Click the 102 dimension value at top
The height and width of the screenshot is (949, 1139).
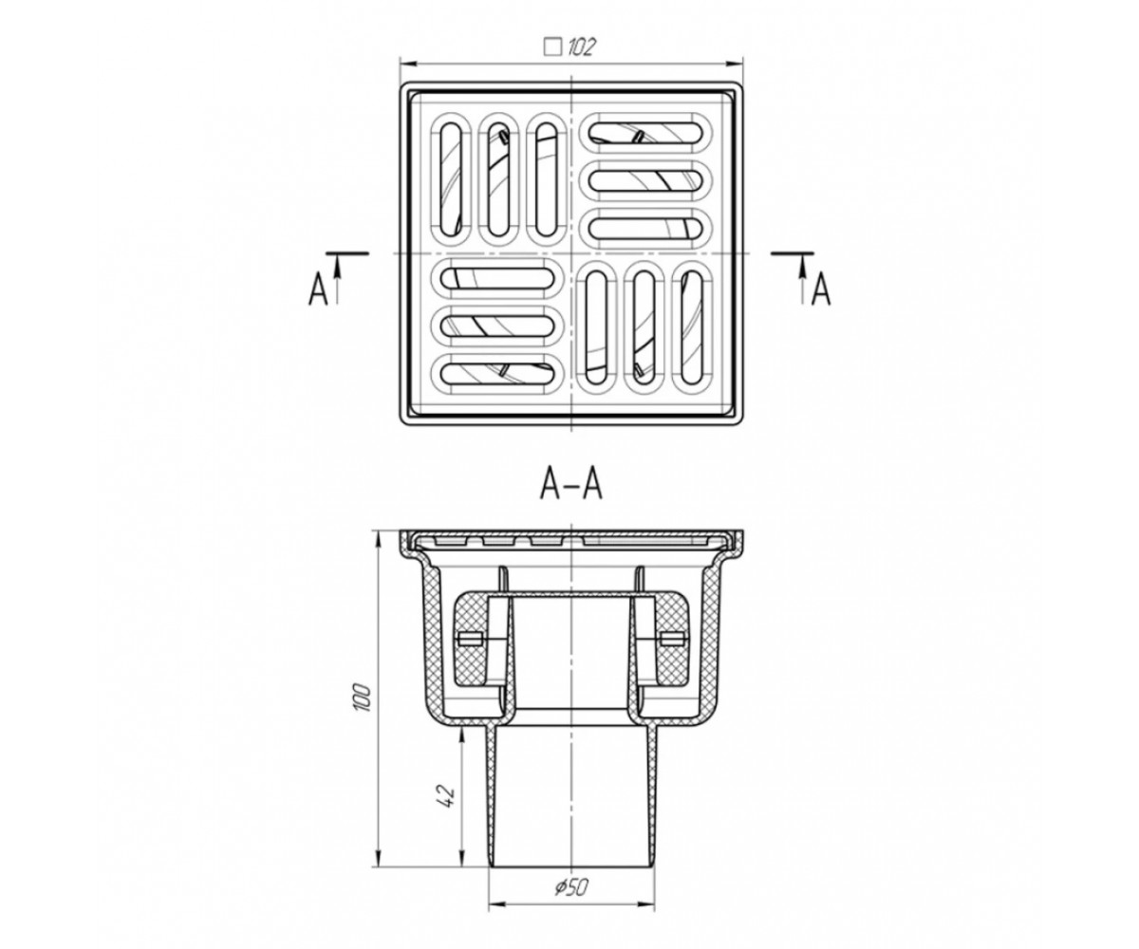pos(580,47)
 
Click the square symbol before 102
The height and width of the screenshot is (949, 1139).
pos(553,47)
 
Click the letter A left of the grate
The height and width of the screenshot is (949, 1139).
pos(319,289)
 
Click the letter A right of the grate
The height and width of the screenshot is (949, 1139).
pos(821,289)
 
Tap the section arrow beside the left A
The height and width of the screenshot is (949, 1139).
pos(338,278)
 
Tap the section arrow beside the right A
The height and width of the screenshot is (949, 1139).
pos(802,278)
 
